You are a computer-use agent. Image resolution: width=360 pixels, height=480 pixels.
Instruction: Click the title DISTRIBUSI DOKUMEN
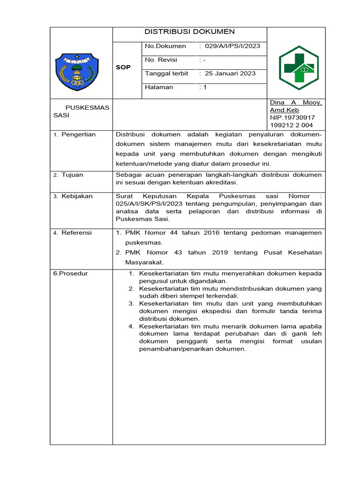tap(189, 32)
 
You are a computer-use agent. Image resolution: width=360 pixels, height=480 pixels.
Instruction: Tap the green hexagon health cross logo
tap(298, 65)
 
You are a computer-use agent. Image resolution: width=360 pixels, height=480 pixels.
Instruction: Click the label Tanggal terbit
tap(166, 74)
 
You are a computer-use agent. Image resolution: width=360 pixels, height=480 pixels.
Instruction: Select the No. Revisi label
tap(161, 60)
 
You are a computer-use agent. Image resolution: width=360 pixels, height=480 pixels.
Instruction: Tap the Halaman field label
tap(159, 87)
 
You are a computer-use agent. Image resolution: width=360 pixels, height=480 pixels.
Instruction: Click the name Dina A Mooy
tap(295, 103)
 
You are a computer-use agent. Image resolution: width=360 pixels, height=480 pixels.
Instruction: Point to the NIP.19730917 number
tap(292, 118)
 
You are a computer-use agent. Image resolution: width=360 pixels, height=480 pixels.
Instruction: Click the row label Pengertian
tap(78, 135)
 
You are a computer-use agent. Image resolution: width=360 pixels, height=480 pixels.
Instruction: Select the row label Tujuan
tap(72, 175)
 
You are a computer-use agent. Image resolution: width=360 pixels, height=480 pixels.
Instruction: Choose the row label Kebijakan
tap(77, 196)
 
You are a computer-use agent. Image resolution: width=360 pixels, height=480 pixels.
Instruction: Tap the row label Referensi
tap(76, 232)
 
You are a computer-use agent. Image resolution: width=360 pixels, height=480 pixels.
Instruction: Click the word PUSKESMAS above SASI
tap(87, 107)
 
